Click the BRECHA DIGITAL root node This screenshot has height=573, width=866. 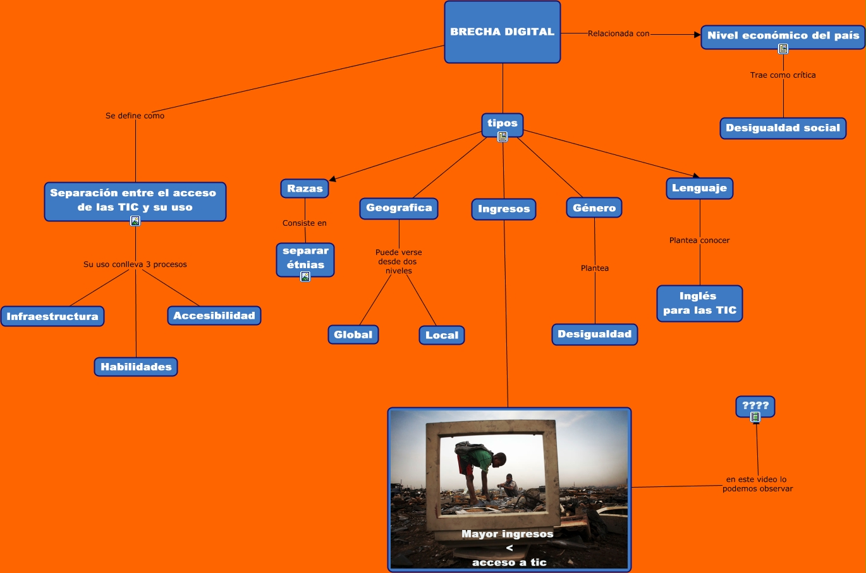pos(503,32)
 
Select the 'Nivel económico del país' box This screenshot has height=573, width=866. pos(783,36)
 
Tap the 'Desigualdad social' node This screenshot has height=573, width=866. pos(783,128)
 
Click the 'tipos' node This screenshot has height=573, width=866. pos(503,123)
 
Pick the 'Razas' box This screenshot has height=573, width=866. pos(305,188)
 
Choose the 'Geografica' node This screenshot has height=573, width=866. pos(399,208)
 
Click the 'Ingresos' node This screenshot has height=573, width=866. pos(504,209)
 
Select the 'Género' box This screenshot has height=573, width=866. pos(594,207)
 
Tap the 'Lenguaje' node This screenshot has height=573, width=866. pos(699,188)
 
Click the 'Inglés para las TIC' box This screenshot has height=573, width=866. pos(699,303)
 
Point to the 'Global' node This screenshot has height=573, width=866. pos(353,335)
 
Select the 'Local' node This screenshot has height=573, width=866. pos(442,335)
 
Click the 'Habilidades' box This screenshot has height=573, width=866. pos(136,367)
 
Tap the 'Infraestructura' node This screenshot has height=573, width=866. pos(52,316)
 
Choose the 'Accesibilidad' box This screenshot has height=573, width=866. pos(214,316)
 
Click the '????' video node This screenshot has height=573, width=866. pos(755,405)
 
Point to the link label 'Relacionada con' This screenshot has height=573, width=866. pos(618,34)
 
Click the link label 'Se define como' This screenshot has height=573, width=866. pos(135,116)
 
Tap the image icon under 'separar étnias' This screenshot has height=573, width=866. pos(305,276)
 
